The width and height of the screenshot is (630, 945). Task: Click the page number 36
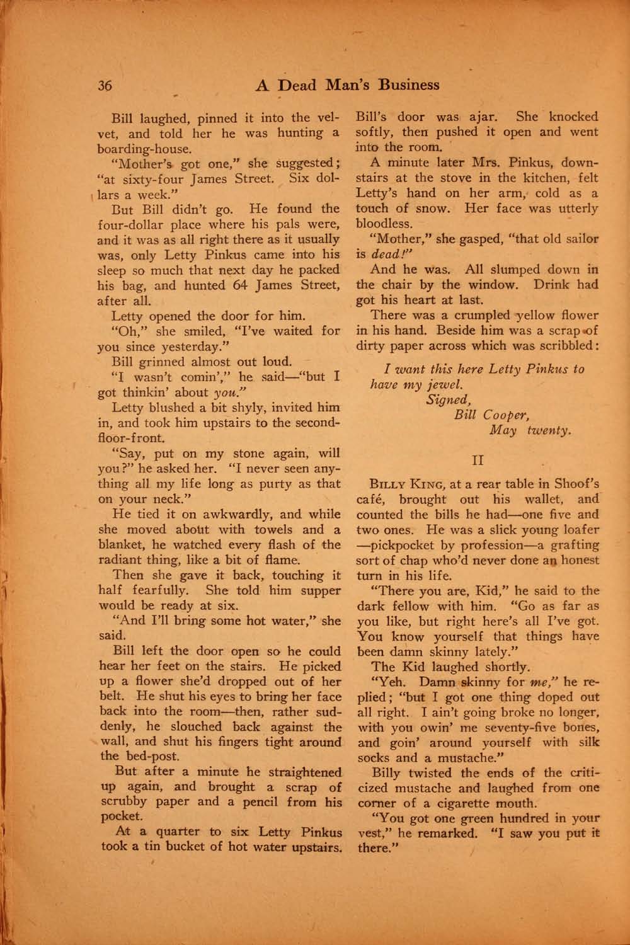pyautogui.click(x=105, y=86)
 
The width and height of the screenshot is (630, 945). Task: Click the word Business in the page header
pyautogui.click(x=406, y=84)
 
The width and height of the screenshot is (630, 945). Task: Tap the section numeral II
pyautogui.click(x=478, y=461)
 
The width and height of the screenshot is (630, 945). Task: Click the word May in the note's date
pyautogui.click(x=503, y=431)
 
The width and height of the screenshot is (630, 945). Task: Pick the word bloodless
pyautogui.click(x=385, y=224)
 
